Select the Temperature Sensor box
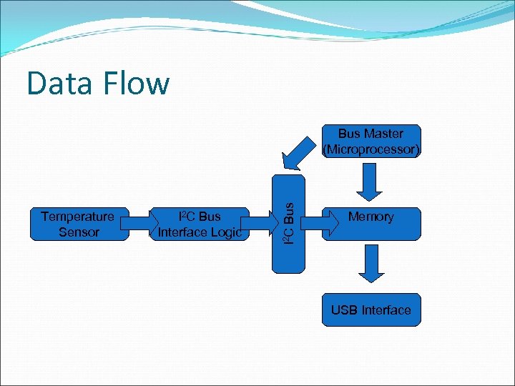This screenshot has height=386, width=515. [x=77, y=224]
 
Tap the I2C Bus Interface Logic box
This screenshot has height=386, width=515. [x=198, y=224]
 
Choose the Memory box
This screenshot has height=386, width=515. [x=371, y=223]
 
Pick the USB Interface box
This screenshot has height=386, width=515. [x=371, y=310]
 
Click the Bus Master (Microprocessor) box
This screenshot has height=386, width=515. [x=371, y=142]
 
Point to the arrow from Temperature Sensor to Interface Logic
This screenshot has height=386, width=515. [x=137, y=224]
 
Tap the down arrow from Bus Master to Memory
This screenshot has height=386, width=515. [x=371, y=183]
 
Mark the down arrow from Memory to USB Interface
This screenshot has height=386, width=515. [x=371, y=264]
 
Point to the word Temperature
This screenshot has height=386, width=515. [x=77, y=217]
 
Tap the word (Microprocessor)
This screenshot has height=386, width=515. [x=371, y=149]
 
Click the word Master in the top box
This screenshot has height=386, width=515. [x=383, y=134]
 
